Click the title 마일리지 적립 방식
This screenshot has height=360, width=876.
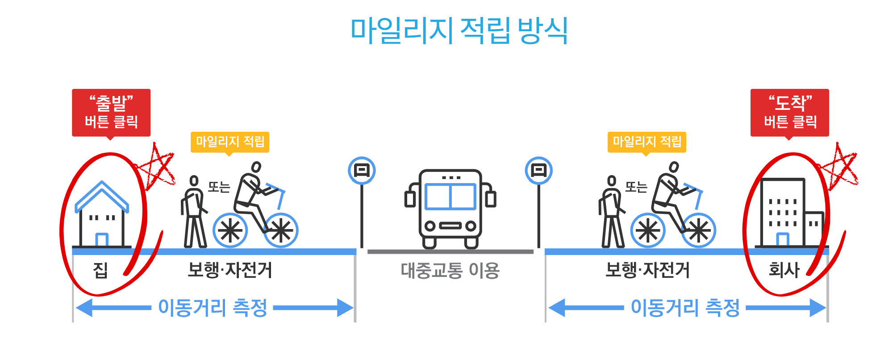[x=459, y=30]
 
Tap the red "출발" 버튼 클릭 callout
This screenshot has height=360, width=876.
[x=111, y=112]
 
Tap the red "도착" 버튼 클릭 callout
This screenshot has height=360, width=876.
[x=789, y=112]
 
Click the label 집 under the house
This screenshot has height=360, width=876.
[x=100, y=270]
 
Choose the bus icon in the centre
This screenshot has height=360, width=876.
[x=450, y=208]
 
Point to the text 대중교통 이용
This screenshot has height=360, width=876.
[x=450, y=270]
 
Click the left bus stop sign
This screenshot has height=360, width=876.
[x=362, y=171]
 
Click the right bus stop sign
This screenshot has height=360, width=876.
[x=538, y=171]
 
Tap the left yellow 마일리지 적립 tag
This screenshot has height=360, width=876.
[x=230, y=142]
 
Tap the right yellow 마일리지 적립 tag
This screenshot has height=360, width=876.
[x=647, y=142]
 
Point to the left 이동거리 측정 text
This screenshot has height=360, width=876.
[x=213, y=308]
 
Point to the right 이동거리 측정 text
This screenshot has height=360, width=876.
[x=685, y=308]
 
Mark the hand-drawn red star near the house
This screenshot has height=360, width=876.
[x=156, y=167]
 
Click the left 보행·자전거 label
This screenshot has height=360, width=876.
[x=230, y=270]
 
